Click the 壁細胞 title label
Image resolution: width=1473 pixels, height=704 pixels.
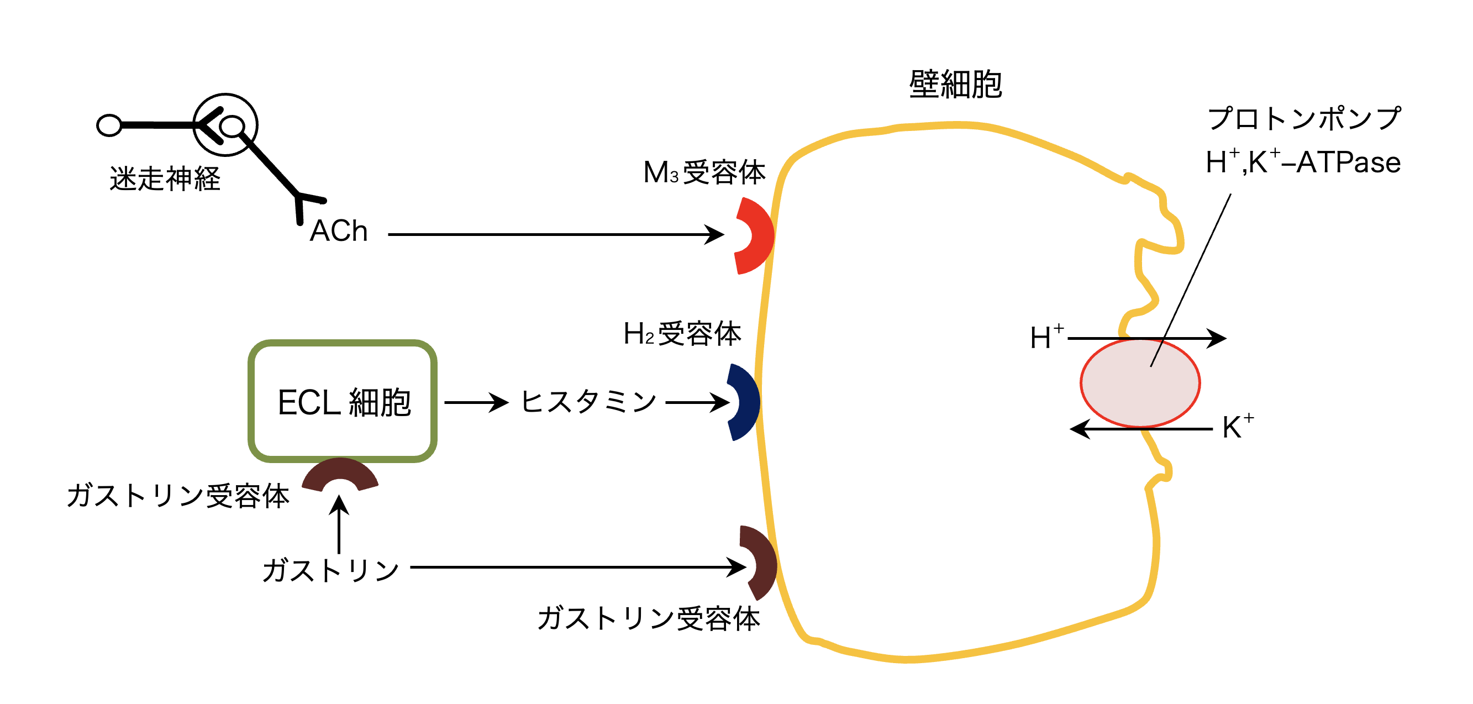955,85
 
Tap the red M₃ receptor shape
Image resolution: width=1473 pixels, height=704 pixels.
758,235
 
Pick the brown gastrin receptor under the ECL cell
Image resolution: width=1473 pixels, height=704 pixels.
340,474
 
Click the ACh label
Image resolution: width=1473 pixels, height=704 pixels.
339,231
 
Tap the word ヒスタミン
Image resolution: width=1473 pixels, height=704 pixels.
588,402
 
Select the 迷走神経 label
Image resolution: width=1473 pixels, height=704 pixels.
165,179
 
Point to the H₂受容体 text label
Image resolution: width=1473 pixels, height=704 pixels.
682,334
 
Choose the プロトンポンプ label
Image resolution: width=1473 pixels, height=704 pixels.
1304,119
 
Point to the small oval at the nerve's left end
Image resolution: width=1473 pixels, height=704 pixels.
109,125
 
